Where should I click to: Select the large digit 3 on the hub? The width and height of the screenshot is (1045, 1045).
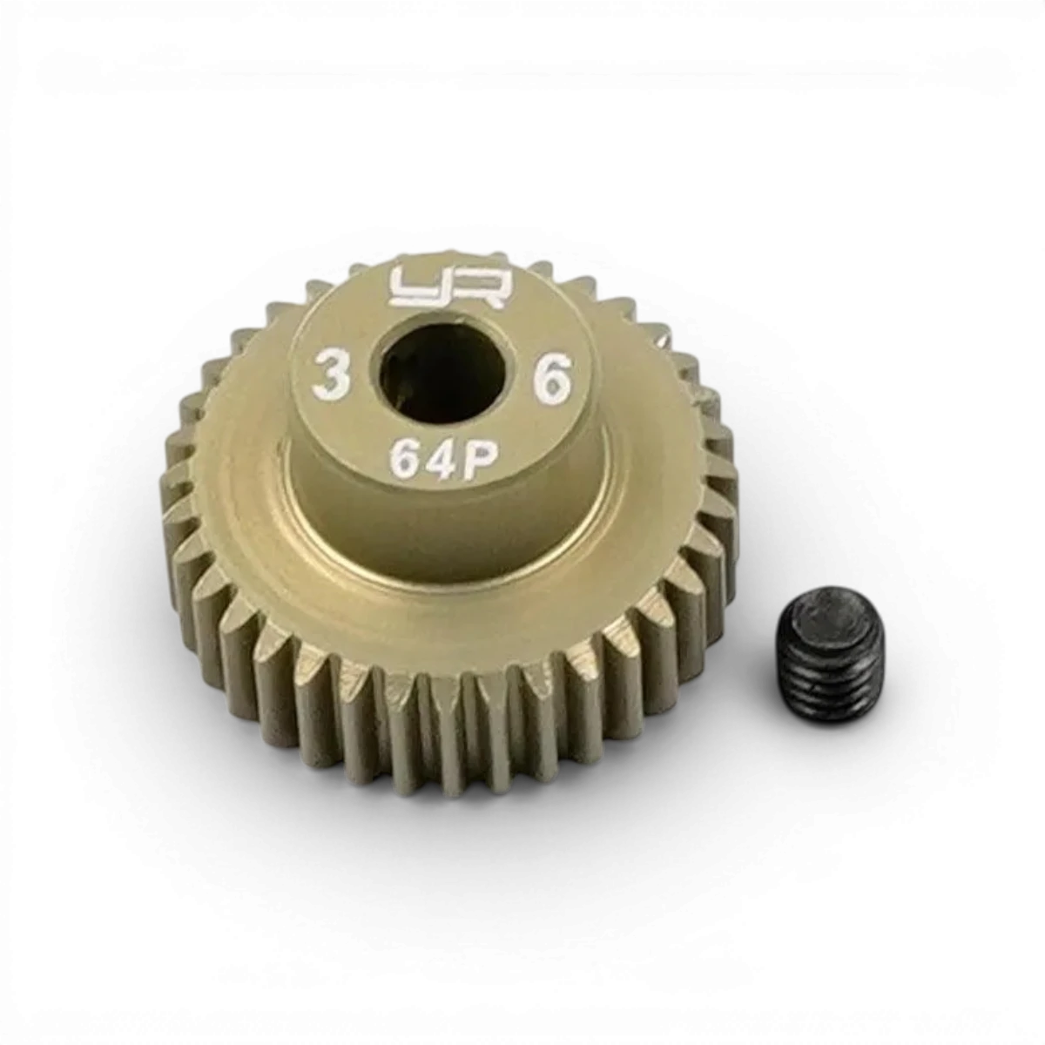331,374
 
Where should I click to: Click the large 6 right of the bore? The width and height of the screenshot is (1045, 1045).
554,379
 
